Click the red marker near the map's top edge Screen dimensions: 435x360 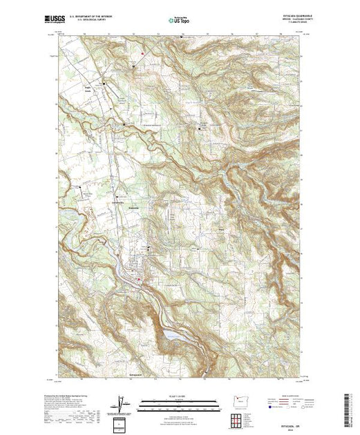click(142, 54)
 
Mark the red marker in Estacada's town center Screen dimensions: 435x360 click(140, 280)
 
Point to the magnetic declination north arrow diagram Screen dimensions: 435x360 click(122, 403)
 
